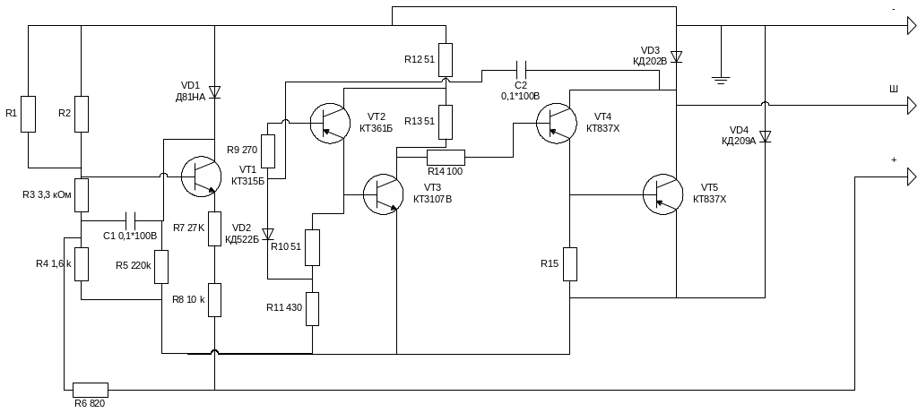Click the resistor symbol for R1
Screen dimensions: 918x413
pyautogui.click(x=28, y=114)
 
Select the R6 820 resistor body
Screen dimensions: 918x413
pyautogui.click(x=91, y=390)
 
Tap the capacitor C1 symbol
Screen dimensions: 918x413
pyautogui.click(x=131, y=221)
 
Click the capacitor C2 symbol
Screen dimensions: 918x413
pyautogui.click(x=521, y=70)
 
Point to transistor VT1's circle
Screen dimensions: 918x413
pyautogui.click(x=201, y=176)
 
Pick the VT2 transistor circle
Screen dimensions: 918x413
pyautogui.click(x=330, y=123)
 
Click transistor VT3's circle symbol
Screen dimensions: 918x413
pyautogui.click(x=384, y=194)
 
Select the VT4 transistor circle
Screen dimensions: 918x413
pyautogui.click(x=556, y=123)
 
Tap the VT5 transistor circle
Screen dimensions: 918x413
pyautogui.click(x=663, y=194)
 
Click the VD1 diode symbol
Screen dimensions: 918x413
pyautogui.click(x=215, y=92)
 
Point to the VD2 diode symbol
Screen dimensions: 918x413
pyautogui.click(x=268, y=234)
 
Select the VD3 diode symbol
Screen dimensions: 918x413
pyautogui.click(x=676, y=56)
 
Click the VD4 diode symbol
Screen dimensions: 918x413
pyautogui.click(x=765, y=137)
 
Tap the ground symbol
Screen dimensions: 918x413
pyautogui.click(x=721, y=81)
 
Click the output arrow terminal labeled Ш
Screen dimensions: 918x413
pyautogui.click(x=912, y=106)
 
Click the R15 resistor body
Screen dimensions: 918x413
pyautogui.click(x=569, y=263)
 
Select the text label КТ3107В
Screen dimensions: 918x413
pyautogui.click(x=433, y=199)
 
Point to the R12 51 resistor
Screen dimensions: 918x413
pyautogui.click(x=446, y=60)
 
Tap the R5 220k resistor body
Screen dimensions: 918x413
pyautogui.click(x=161, y=267)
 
